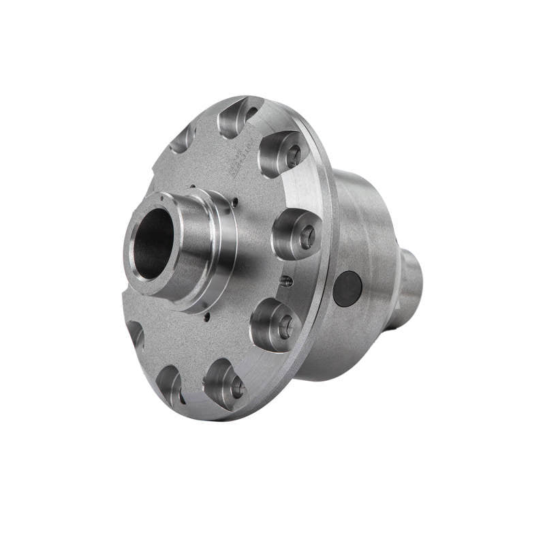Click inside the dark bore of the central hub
[x=155, y=244]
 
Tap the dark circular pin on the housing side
[x=347, y=288]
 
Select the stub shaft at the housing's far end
[x=411, y=286]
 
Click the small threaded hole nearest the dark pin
[x=288, y=281]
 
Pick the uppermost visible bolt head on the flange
[x=294, y=157]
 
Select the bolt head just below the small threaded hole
[x=285, y=326]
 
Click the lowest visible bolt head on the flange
[x=237, y=388]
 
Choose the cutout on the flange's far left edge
[x=135, y=333]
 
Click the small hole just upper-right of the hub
[x=235, y=202]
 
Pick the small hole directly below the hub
[x=204, y=315]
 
